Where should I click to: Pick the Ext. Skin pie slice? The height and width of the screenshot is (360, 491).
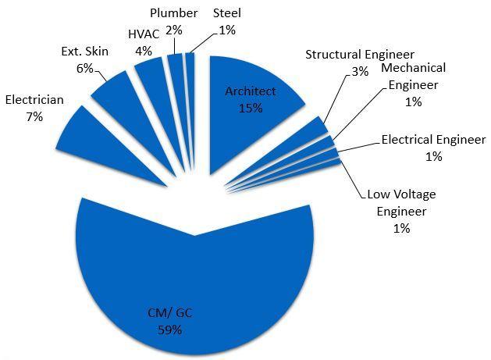pyautogui.click(x=118, y=94)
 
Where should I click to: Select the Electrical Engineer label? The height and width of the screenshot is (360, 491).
pyautogui.click(x=433, y=140)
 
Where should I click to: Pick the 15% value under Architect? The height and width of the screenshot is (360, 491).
pyautogui.click(x=250, y=108)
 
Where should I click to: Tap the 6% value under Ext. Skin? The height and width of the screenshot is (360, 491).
pyautogui.click(x=84, y=68)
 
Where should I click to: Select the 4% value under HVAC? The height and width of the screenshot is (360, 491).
pyautogui.click(x=143, y=52)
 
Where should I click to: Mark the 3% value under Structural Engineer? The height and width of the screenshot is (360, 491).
pyautogui.click(x=359, y=70)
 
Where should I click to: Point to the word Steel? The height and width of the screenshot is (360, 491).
pyautogui.click(x=226, y=13)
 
